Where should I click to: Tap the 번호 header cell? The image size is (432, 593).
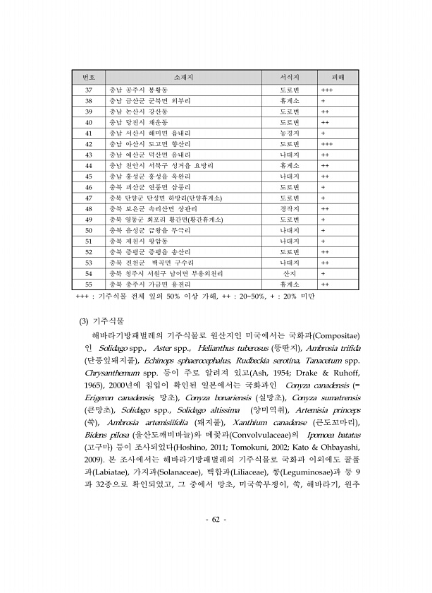click(89, 76)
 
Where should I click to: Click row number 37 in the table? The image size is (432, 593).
click(89, 90)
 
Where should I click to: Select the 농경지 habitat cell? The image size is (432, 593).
click(290, 133)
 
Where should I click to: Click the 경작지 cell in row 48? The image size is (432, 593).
click(290, 208)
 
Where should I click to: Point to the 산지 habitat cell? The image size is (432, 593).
click(290, 272)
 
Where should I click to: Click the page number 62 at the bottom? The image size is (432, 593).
click(215, 520)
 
